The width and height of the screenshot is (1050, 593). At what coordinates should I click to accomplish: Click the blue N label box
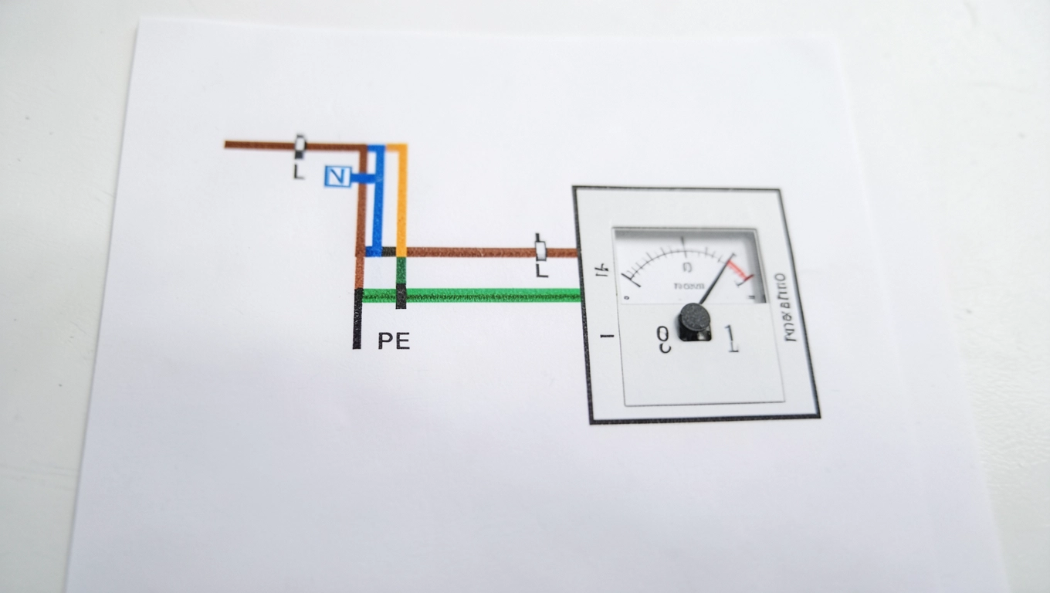pos(337,177)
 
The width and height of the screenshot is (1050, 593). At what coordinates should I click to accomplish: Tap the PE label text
pos(394,341)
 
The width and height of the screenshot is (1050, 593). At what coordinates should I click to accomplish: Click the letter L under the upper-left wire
pos(298,172)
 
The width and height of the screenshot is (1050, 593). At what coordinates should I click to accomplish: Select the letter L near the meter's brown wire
pos(541,271)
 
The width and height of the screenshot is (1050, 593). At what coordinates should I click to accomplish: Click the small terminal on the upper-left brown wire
pos(300,144)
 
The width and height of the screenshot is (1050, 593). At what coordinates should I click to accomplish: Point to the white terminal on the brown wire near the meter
pos(541,251)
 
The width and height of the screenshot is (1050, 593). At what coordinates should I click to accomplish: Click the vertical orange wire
pos(401,201)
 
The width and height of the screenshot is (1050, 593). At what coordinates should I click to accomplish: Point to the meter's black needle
pos(716,280)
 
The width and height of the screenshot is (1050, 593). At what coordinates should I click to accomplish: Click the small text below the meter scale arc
pos(689,286)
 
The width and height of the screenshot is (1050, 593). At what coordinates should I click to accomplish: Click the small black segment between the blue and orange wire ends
pos(388,252)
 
